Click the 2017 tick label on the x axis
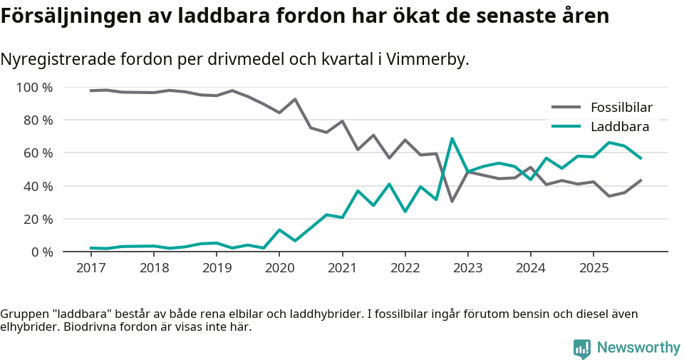click(x=90, y=268)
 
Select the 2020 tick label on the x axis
click(x=279, y=268)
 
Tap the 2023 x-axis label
click(x=468, y=268)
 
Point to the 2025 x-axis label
click(x=594, y=268)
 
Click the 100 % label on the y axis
click(x=34, y=88)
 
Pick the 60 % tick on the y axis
click(x=38, y=153)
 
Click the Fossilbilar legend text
click(x=621, y=108)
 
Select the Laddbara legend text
click(x=619, y=127)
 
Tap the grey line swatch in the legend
click(x=566, y=108)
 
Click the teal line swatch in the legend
click(x=566, y=127)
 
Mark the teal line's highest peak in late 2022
click(x=452, y=138)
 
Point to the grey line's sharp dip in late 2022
click(x=452, y=201)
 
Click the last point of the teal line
click(x=641, y=158)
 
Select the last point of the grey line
click(x=641, y=180)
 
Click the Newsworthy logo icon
click(x=582, y=348)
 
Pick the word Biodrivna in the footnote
click(x=89, y=328)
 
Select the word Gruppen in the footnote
click(x=22, y=314)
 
